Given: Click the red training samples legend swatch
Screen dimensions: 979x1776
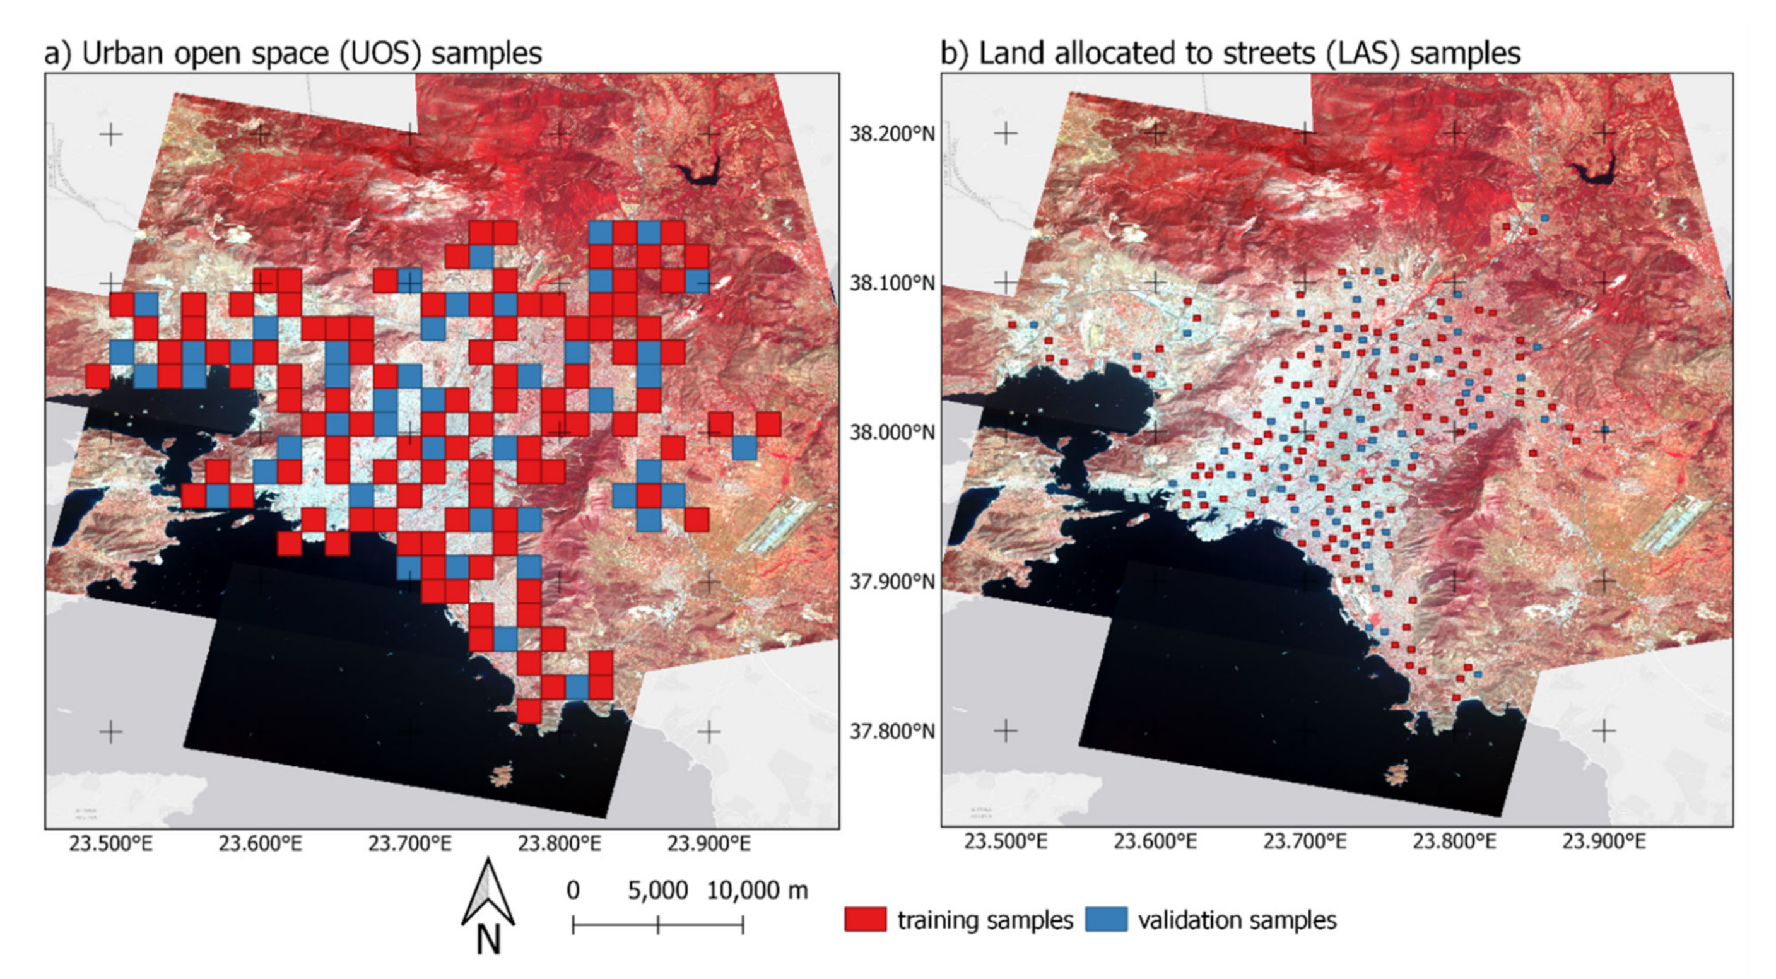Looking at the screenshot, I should tap(865, 919).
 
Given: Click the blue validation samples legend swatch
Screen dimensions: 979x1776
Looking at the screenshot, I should tap(1106, 919).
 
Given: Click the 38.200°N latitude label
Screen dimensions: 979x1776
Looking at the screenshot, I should tap(891, 134).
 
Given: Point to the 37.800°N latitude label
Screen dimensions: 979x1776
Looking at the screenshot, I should tap(891, 731).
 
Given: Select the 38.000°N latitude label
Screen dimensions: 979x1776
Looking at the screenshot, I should tap(891, 433).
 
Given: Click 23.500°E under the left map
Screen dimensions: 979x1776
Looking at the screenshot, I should tap(111, 844).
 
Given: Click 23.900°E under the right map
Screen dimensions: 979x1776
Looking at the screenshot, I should tap(1604, 842).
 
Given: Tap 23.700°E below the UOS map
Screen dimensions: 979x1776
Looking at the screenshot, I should tap(409, 844).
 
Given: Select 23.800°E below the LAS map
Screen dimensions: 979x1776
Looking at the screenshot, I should tap(1454, 842).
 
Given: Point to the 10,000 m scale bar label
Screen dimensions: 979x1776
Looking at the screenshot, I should tap(756, 890).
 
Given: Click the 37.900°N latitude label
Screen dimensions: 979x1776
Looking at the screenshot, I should tap(891, 582).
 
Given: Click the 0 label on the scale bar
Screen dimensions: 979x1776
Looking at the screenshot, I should tap(573, 890).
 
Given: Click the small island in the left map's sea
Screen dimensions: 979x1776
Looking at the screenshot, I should tap(501, 775).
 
